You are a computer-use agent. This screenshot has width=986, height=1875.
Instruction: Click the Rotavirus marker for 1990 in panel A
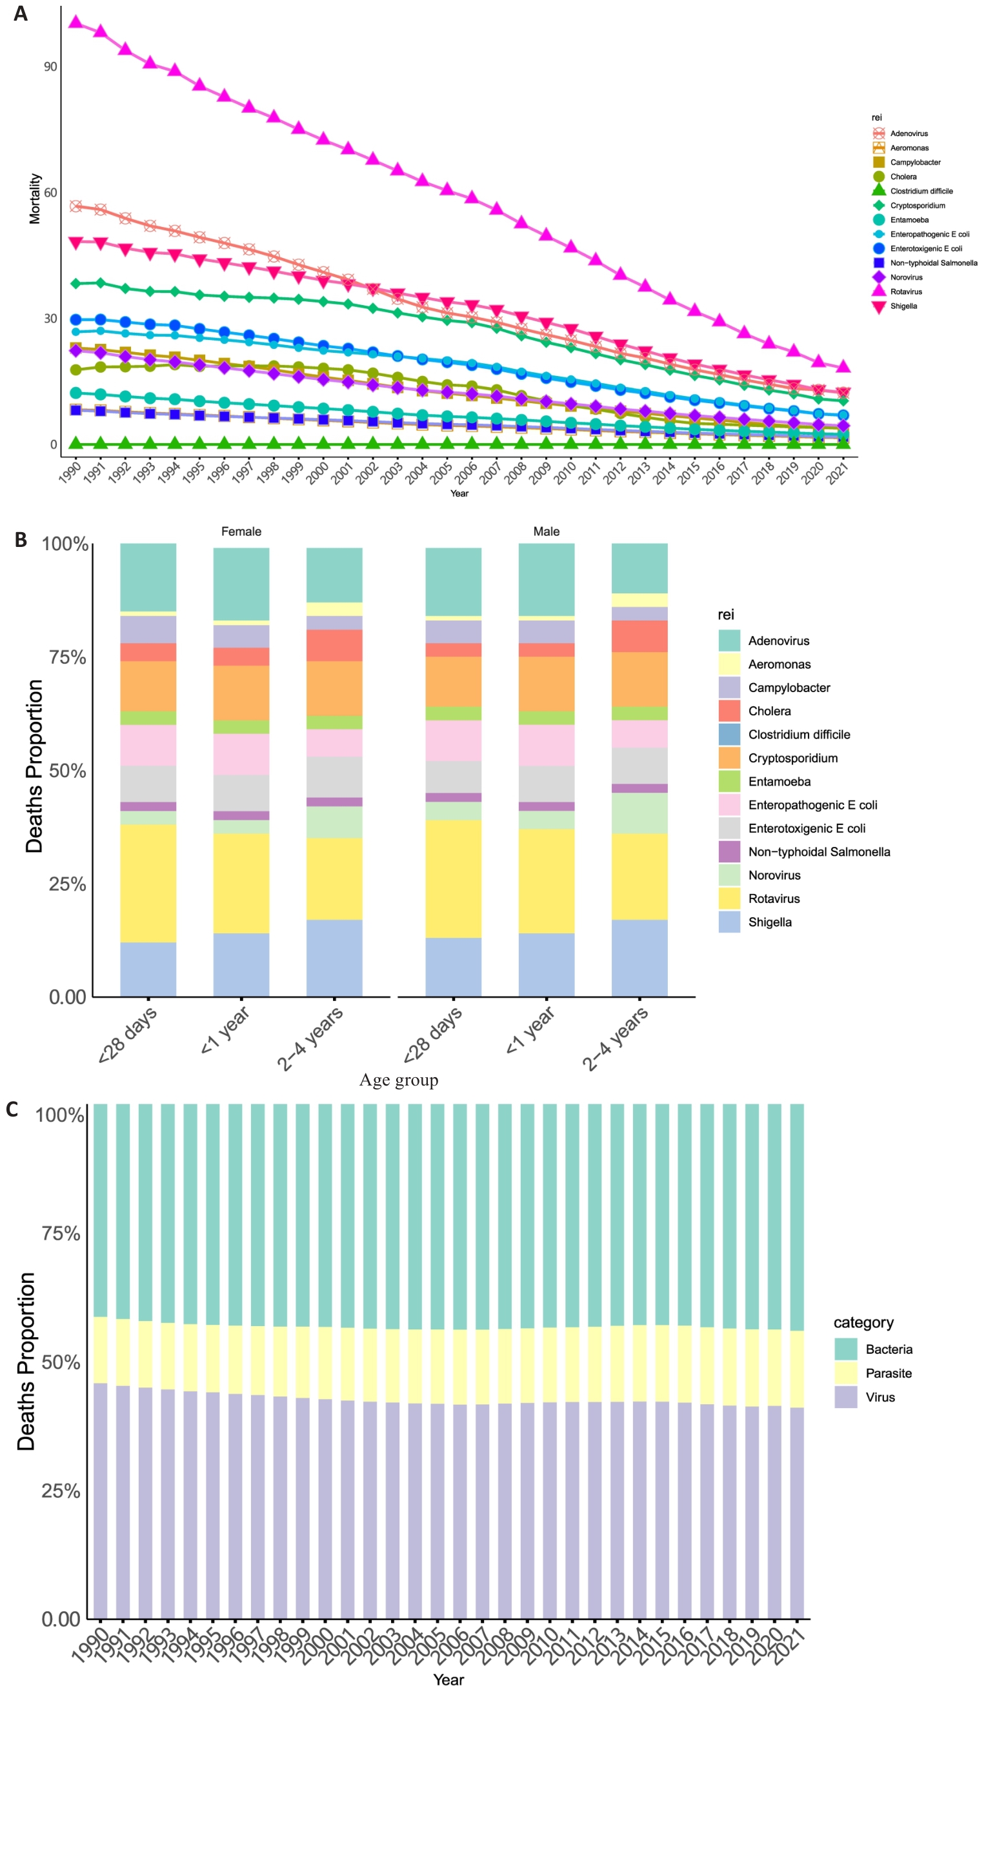(x=75, y=23)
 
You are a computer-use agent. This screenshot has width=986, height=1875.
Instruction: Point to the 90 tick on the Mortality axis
(x=50, y=67)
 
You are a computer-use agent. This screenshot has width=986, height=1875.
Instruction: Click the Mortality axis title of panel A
(x=35, y=198)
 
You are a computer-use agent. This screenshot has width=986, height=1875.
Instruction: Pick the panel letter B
(x=21, y=539)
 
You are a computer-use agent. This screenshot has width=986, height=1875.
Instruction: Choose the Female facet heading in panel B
(x=241, y=531)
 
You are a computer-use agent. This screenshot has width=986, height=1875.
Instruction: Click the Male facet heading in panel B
(x=546, y=531)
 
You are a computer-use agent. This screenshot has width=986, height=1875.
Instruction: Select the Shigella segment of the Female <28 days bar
(x=148, y=969)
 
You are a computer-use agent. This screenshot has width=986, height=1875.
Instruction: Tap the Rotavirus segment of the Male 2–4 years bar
(x=639, y=877)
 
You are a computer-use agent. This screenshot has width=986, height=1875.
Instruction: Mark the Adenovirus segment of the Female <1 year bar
(x=241, y=584)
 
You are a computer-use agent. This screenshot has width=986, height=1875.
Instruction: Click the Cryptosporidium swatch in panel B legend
(x=729, y=758)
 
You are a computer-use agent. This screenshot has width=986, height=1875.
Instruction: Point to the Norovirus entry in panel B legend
(x=774, y=875)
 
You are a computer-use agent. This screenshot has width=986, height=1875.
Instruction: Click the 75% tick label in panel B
(x=67, y=657)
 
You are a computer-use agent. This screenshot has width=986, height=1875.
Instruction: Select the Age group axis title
(x=398, y=1080)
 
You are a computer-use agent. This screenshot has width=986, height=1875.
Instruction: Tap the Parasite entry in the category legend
(x=889, y=1373)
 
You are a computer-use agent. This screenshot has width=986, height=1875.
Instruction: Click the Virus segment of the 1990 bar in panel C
(x=101, y=1500)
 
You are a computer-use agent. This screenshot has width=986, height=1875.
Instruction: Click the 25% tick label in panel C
(x=61, y=1491)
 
